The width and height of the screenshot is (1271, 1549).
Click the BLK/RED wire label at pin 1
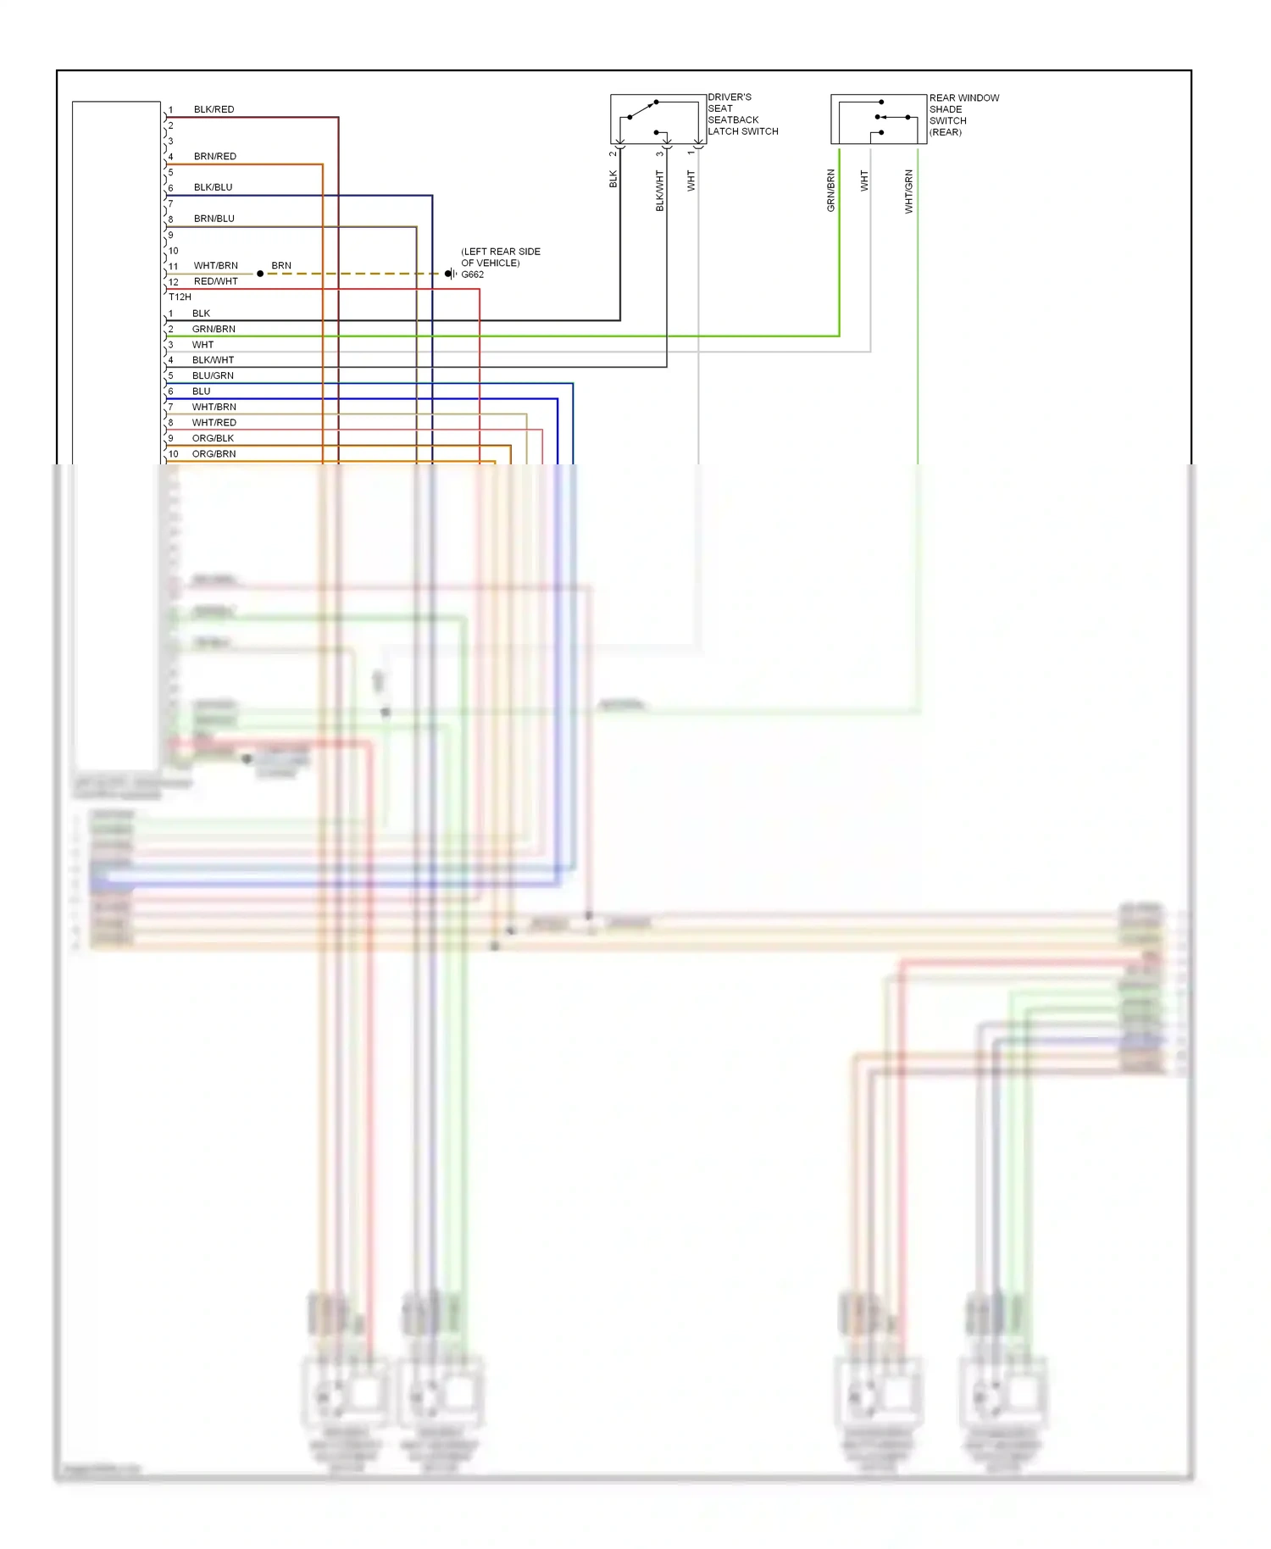(x=214, y=109)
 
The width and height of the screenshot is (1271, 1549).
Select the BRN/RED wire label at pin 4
(x=214, y=156)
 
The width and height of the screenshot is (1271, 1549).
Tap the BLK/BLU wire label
(x=213, y=187)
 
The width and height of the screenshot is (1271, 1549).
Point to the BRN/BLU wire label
(x=214, y=219)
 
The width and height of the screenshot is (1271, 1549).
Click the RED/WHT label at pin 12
(x=215, y=281)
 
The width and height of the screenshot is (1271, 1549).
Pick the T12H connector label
(x=180, y=297)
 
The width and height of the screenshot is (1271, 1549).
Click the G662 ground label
(x=472, y=275)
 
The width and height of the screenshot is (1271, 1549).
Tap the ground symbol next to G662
(x=451, y=274)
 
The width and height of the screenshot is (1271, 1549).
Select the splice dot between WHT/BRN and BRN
(x=260, y=274)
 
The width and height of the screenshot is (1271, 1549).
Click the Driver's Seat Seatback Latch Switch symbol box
(x=658, y=119)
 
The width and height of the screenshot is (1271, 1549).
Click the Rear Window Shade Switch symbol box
(x=878, y=119)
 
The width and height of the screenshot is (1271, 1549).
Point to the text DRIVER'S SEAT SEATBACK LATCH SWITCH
(x=742, y=114)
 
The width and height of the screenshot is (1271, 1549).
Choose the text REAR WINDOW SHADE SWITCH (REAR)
(x=963, y=114)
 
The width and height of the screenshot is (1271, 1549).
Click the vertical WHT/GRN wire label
(x=908, y=191)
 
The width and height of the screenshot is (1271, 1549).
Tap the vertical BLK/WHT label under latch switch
(x=659, y=191)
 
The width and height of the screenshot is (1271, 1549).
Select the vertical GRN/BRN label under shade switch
(x=830, y=191)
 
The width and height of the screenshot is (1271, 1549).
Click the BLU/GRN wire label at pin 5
(x=213, y=375)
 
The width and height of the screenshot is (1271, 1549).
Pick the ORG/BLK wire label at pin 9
(x=213, y=438)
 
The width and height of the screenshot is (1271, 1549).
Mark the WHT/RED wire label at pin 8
(x=214, y=422)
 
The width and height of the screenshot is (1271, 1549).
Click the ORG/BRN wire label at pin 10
(x=214, y=453)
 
